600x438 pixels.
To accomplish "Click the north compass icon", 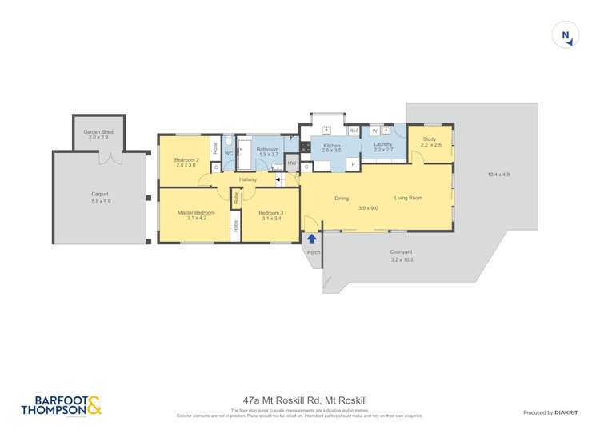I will [566, 34].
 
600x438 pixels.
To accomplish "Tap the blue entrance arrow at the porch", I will [312, 238].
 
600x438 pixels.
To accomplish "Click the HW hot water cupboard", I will [291, 163].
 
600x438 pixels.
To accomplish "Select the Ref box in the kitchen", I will [353, 131].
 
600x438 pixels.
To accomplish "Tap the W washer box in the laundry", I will [374, 131].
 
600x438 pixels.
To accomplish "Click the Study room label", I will [430, 142].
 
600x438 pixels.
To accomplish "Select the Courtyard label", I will [402, 255].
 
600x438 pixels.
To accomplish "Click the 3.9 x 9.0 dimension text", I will [368, 208].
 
